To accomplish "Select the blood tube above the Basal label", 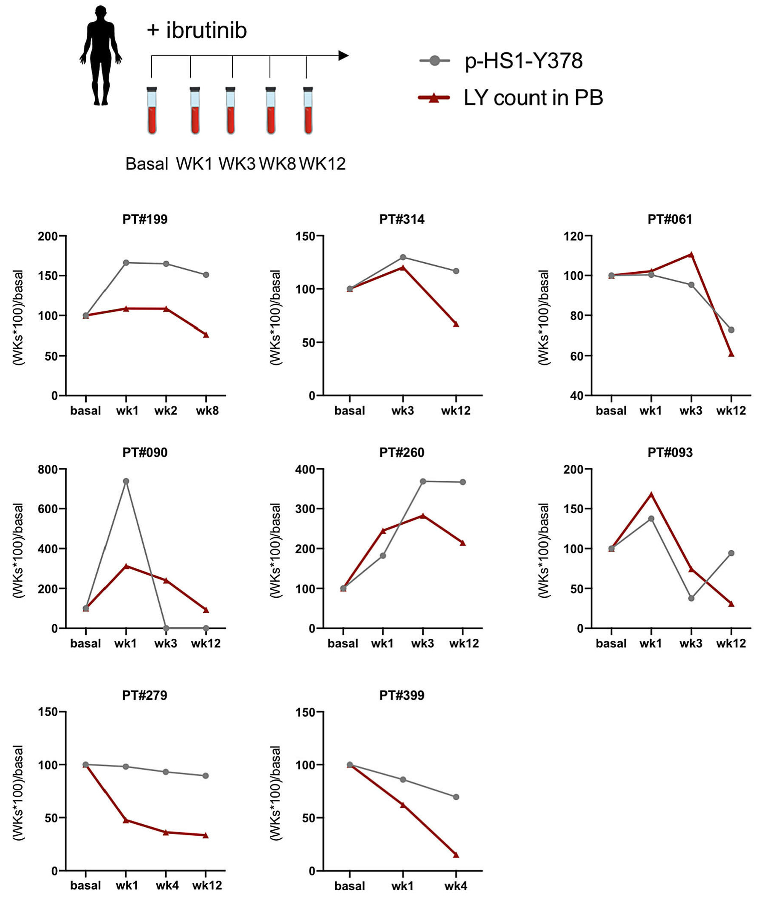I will (152, 111).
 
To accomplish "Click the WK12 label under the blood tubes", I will (322, 164).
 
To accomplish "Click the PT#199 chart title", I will (145, 219).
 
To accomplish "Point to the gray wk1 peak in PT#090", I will (126, 481).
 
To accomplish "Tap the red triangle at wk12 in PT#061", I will (731, 353).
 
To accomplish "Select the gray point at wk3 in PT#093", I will (691, 598).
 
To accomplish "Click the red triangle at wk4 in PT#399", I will (456, 855).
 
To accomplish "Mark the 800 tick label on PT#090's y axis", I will (48, 469).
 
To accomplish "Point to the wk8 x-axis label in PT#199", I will (207, 411).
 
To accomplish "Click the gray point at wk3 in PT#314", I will (403, 257).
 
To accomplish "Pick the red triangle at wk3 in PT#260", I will (423, 516).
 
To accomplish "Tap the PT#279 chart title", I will (144, 695).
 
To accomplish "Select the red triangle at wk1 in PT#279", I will (126, 820).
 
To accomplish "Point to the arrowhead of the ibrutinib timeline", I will (343, 56).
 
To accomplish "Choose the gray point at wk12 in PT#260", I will (462, 482).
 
